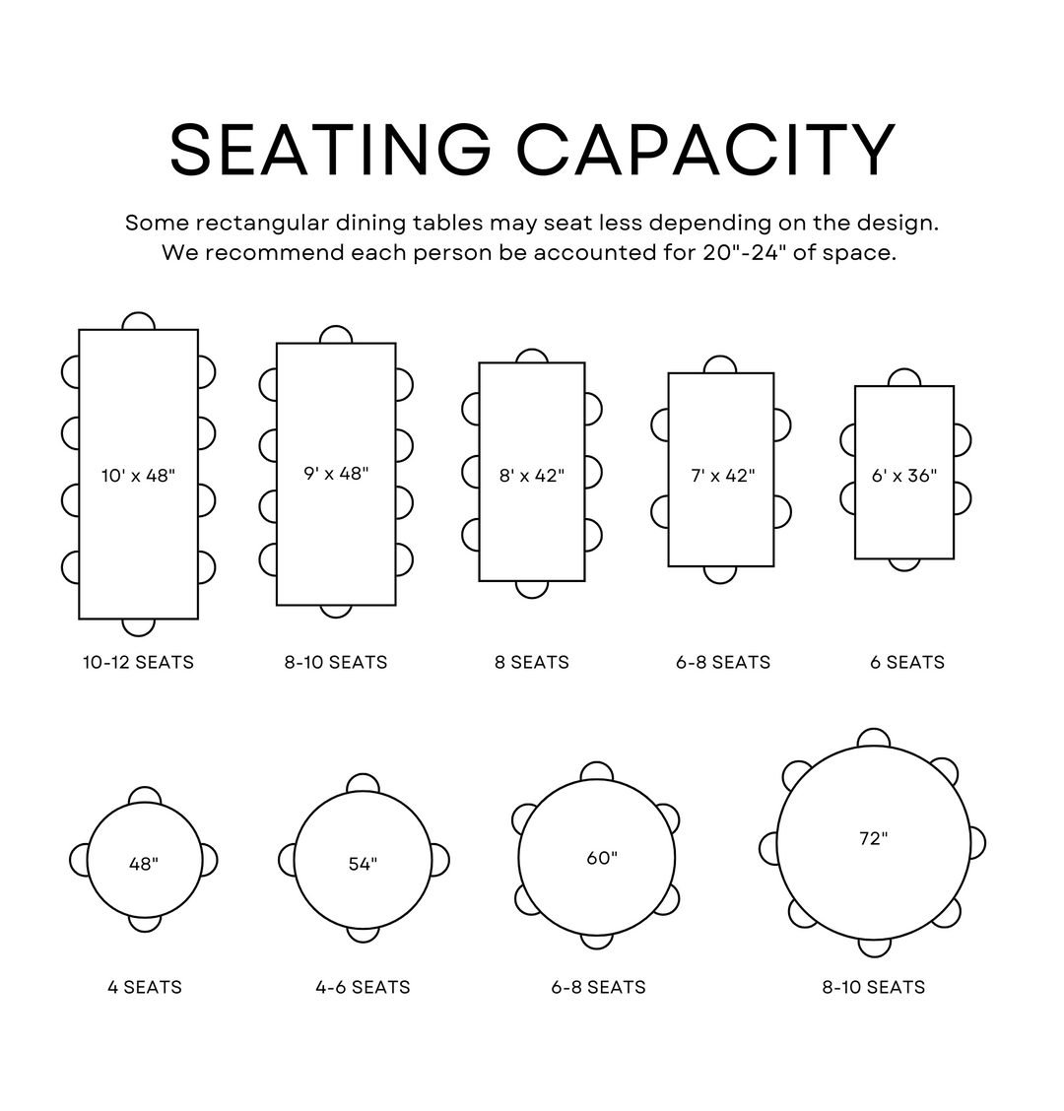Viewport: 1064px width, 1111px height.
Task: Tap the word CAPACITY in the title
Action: coord(706,150)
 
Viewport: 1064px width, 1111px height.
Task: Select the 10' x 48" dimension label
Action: coord(138,476)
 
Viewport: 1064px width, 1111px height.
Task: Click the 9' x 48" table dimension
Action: coord(337,474)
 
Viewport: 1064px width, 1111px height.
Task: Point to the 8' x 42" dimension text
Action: coord(532,476)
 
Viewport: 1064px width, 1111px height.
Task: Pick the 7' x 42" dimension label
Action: coord(723,476)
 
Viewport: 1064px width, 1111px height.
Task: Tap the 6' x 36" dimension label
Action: coord(904,476)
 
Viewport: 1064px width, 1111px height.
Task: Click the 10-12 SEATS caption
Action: coord(138,663)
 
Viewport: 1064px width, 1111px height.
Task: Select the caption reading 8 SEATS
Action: coord(532,663)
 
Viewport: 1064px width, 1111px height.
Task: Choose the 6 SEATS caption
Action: coord(907,663)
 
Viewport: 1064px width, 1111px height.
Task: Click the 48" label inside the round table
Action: coord(144,864)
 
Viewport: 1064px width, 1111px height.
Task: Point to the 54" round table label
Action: coord(363,864)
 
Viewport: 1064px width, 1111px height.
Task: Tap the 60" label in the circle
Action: coord(602,858)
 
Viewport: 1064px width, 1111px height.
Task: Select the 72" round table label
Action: coord(873,838)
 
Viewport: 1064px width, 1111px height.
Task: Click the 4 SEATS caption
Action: coord(145,987)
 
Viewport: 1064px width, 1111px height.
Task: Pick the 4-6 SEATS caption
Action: coord(363,987)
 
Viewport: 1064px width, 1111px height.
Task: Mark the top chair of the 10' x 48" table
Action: coord(138,321)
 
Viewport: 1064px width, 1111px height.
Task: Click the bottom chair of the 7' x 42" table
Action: coord(719,574)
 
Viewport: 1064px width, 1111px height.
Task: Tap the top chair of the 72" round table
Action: coord(873,737)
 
